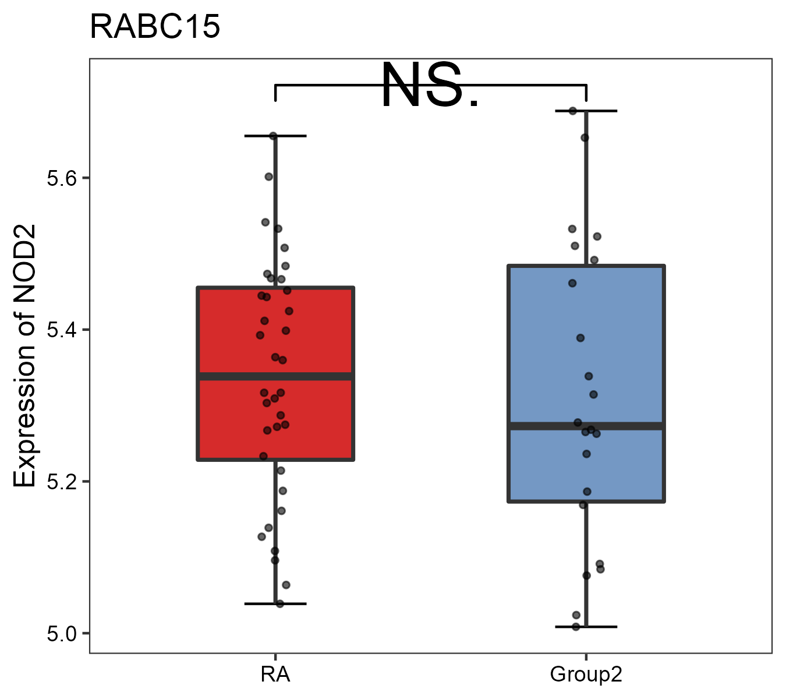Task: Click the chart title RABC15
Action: [155, 27]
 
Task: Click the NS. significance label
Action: [430, 86]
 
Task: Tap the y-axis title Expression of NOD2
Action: [25, 356]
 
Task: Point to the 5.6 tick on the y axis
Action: [62, 178]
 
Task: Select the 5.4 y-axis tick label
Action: [62, 330]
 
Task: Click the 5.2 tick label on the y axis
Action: [62, 482]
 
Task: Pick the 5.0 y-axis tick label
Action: [62, 634]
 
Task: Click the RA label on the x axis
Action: [275, 675]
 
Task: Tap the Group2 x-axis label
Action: [586, 675]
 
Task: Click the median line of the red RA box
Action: [275, 376]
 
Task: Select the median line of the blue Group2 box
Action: [586, 426]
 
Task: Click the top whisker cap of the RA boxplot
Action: [275, 136]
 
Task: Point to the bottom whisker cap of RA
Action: [275, 603]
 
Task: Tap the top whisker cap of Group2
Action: [586, 111]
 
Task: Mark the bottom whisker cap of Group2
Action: [586, 627]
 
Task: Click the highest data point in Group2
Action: [573, 111]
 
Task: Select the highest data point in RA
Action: [273, 136]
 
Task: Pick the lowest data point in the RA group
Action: [280, 603]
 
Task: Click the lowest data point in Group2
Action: [576, 627]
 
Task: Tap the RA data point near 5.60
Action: [269, 176]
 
